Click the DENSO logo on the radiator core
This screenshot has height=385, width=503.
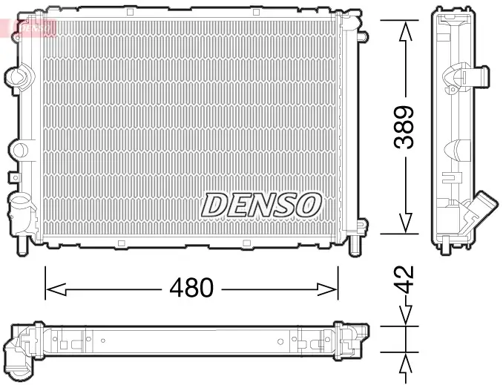pos(261,205)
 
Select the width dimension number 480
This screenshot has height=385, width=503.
pos(192,287)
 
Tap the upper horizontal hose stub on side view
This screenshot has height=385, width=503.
pos(475,76)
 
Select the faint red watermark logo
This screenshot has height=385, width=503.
pos(28,27)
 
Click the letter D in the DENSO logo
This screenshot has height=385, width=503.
pos(215,205)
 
